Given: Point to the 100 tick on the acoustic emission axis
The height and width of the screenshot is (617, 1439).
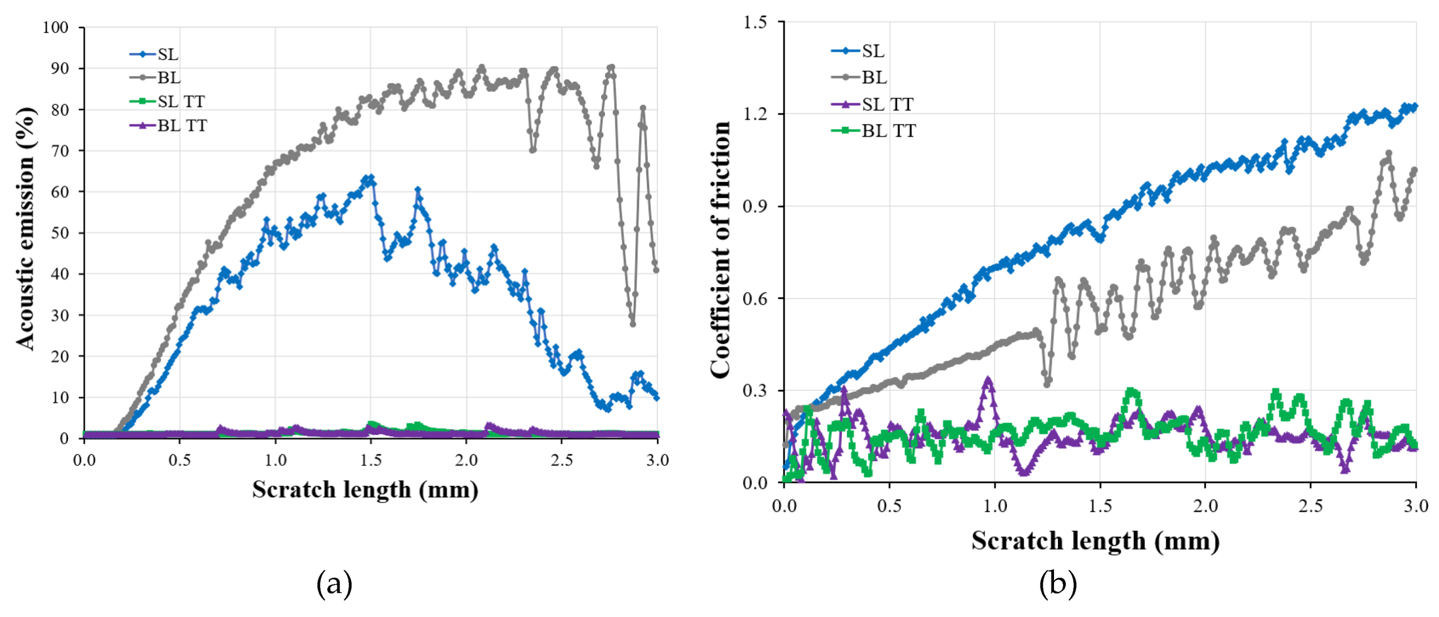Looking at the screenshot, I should point(56,27).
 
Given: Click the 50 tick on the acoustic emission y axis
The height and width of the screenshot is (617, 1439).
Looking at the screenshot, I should point(59,233).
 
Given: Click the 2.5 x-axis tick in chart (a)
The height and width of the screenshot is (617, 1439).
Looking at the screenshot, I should point(562,461).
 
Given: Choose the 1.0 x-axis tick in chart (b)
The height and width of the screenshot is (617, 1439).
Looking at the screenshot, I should point(995,507).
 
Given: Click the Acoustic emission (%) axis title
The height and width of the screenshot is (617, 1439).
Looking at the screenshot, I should point(25,229).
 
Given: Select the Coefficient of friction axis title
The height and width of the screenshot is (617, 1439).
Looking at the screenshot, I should point(720,250).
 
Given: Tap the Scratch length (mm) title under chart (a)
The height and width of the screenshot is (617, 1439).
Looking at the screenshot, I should point(365,490).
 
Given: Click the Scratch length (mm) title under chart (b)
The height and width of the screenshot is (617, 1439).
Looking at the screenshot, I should point(1095,541).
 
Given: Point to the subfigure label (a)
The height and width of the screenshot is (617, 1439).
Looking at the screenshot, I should point(334,584).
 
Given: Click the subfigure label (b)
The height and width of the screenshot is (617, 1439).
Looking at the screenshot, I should point(1057,584).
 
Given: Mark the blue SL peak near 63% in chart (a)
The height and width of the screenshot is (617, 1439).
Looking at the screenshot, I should point(368,179).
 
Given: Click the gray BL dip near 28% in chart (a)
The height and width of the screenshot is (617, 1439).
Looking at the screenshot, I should point(633,324).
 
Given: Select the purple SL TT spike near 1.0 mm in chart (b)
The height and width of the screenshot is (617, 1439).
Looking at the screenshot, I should point(988,380).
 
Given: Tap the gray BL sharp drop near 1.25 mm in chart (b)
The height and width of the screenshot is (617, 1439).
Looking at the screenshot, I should point(1047,384).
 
